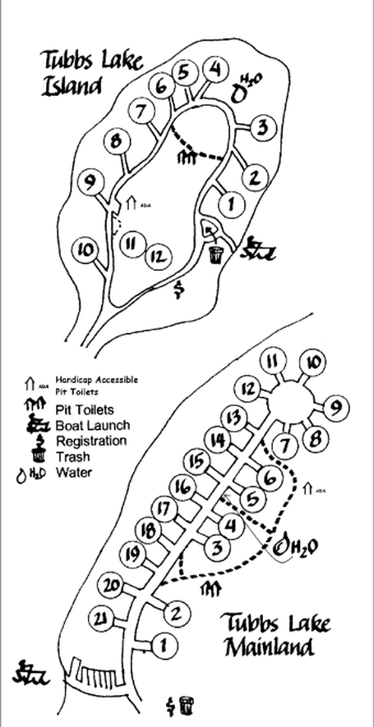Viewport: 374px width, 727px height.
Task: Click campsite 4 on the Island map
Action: coord(216,70)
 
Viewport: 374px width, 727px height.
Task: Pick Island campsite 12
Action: coord(159,256)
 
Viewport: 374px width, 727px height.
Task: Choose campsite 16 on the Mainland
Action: coord(185,487)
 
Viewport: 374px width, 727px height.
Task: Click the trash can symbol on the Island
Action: coord(216,254)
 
